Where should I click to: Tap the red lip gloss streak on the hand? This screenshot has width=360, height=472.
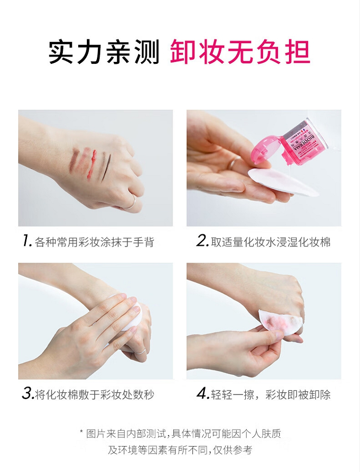pyautogui.click(x=92, y=164)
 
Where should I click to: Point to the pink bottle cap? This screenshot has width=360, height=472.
pyautogui.click(x=266, y=150)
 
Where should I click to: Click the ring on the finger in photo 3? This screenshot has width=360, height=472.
pyautogui.click(x=140, y=351)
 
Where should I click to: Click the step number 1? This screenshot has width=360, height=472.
pyautogui.click(x=27, y=241)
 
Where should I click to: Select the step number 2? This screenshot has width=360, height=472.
pyautogui.click(x=202, y=241)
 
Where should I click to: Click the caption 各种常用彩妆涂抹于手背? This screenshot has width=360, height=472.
pyautogui.click(x=95, y=242)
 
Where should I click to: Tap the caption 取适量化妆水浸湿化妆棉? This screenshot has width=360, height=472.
pyautogui.click(x=271, y=242)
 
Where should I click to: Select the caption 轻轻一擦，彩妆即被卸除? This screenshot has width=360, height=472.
pyautogui.click(x=271, y=394)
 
